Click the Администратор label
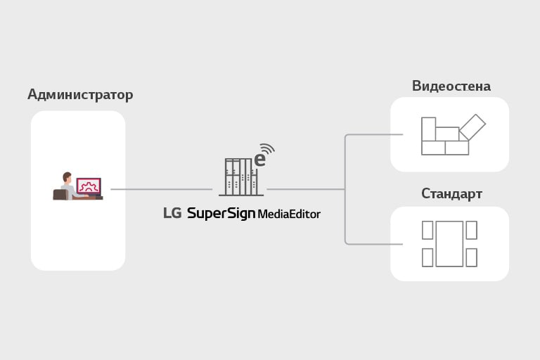coord(80,94)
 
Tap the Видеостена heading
coord(451,86)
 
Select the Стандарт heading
coord(451,193)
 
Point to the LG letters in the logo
coord(172,213)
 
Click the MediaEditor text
coord(289,214)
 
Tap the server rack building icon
coord(238,176)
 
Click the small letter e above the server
coord(259,160)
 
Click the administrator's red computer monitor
coord(89,186)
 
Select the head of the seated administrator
coord(67,176)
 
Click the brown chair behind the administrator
coord(59,194)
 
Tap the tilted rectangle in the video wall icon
coord(472,127)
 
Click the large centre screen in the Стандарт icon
coord(449,243)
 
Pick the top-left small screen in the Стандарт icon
coord(427,230)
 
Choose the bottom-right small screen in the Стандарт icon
coord(471,257)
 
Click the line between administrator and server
coord(161,189)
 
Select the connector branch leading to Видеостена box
coord(373,134)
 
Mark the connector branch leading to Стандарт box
coord(373,244)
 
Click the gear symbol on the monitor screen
coord(89,186)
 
